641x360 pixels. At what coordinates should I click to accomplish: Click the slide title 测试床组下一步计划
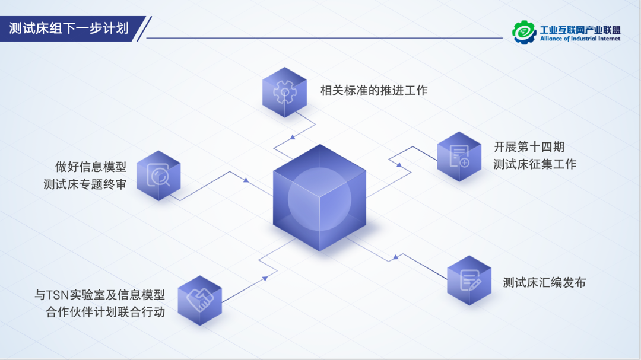[69, 28]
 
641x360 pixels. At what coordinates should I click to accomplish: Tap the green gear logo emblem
[524, 32]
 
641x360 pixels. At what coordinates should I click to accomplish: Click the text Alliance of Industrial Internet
[580, 39]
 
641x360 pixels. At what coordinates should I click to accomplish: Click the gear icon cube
[284, 92]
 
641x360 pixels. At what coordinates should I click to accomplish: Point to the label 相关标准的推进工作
[374, 91]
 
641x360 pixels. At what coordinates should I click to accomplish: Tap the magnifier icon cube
[158, 176]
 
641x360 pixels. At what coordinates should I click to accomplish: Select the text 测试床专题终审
[85, 184]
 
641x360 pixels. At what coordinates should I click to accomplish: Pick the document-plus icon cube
[459, 157]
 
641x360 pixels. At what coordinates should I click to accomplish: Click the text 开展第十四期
[529, 146]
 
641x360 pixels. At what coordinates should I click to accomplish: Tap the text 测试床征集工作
[535, 164]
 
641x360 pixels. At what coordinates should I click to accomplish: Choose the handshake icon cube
[199, 300]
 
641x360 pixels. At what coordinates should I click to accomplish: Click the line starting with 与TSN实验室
[100, 294]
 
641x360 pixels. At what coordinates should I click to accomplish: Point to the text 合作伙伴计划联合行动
[106, 312]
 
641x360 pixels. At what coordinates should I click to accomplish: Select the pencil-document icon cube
[469, 281]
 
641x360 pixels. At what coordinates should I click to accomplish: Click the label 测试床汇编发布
[544, 283]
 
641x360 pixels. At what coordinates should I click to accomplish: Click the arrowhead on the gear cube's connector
[292, 138]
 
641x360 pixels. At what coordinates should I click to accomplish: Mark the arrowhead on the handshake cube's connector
[264, 277]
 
